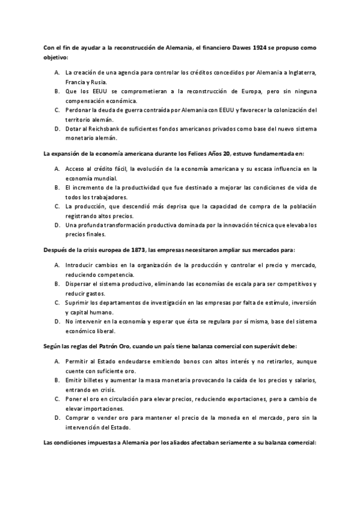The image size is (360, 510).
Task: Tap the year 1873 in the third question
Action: [x=138, y=249]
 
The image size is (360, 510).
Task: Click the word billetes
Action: [x=97, y=382]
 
